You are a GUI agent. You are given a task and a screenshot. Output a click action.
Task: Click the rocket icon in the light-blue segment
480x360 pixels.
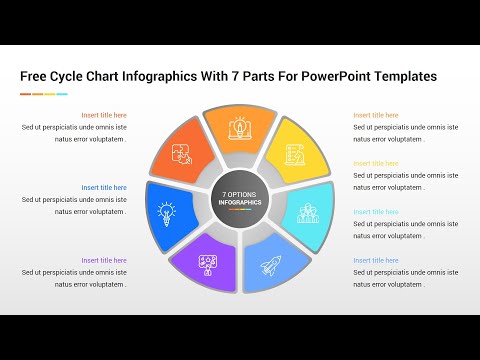point(271,265)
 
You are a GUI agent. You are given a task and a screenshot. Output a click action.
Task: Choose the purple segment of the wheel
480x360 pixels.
point(207,265)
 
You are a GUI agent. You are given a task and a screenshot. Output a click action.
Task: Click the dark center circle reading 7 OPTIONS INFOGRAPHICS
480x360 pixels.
point(240,198)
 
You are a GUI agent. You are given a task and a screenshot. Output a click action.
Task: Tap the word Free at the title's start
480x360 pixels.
point(36,76)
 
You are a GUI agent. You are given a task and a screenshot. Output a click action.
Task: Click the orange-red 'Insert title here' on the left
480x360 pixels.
point(104,115)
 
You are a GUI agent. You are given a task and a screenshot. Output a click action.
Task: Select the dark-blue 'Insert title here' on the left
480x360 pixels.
point(104,187)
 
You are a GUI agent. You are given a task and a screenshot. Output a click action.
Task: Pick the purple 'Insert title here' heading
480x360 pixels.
point(104,260)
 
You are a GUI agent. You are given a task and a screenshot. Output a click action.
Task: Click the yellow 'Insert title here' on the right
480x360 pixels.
point(375,163)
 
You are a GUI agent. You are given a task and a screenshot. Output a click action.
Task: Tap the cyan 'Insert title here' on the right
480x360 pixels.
point(375,211)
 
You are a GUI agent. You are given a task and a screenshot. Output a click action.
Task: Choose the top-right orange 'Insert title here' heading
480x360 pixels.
point(375,115)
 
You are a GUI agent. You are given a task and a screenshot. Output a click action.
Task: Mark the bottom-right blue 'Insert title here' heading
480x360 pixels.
point(375,260)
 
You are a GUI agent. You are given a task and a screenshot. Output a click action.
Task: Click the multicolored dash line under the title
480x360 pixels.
point(43,94)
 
